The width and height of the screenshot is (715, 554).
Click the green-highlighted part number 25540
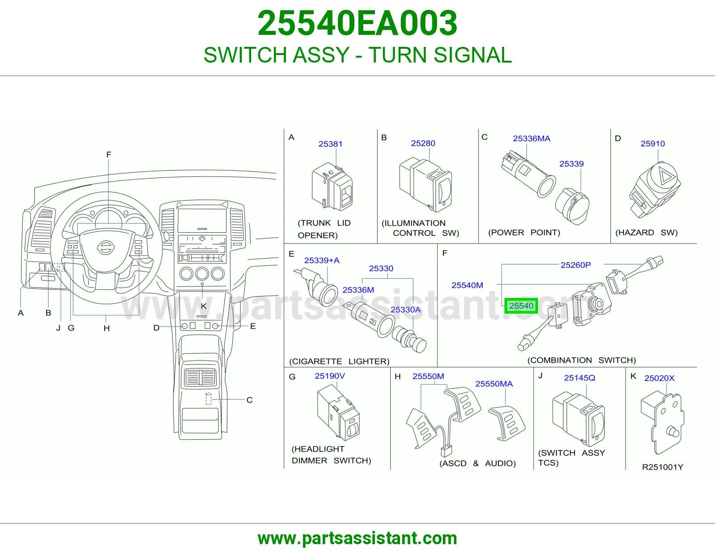[x=521, y=306]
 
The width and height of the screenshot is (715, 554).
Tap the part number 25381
[x=330, y=144]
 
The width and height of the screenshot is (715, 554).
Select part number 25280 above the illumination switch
[x=423, y=143]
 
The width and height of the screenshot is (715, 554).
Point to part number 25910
[x=652, y=143]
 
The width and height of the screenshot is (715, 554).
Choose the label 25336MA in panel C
[x=531, y=138]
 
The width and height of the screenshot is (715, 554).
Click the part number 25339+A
[x=321, y=260]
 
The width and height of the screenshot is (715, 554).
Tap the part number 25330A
[x=405, y=310]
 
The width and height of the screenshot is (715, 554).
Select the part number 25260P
[x=576, y=265]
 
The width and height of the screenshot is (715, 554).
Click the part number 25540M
[x=467, y=285]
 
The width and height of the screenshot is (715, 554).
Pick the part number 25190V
[x=329, y=376]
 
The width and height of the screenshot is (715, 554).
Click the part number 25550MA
[x=494, y=384]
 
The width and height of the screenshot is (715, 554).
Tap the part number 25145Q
[x=580, y=378]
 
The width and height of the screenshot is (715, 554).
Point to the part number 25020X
[x=659, y=378]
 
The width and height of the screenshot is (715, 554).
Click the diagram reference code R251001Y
[x=662, y=467]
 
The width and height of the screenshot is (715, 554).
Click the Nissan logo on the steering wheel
[x=105, y=247]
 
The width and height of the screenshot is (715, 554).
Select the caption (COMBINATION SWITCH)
[x=581, y=360]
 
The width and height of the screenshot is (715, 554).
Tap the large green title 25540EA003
[x=357, y=23]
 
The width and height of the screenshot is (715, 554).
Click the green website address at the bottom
[x=357, y=538]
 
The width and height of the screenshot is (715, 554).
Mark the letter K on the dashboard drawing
[x=204, y=306]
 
